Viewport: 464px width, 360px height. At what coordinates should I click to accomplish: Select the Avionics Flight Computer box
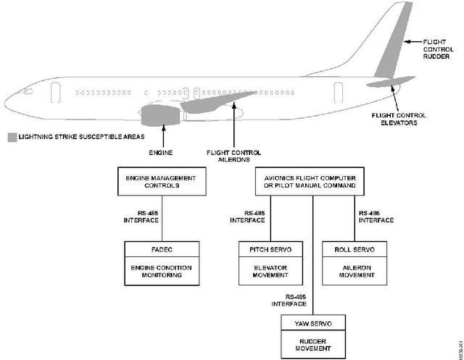coord(312,180)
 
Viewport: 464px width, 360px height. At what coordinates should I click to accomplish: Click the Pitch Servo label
coord(270,249)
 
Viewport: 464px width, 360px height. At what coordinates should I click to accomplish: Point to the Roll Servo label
coord(355,249)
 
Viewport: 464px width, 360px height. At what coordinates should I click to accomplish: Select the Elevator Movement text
coord(270,272)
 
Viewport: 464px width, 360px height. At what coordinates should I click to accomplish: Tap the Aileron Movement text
coord(355,272)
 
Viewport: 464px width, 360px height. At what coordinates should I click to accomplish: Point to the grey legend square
coord(12,136)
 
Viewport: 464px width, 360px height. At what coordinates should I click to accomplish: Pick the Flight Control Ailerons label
coord(233,156)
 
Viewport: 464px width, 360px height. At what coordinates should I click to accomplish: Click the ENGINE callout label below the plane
coord(161,153)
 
